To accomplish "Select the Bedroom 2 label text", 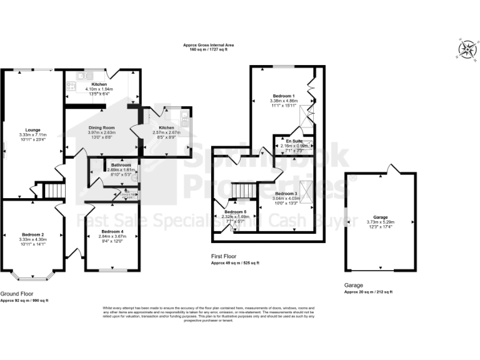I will [32, 234].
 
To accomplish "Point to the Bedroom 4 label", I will [112, 232].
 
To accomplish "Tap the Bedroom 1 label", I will [283, 96].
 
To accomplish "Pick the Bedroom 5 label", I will [235, 212].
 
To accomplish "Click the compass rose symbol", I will [466, 49].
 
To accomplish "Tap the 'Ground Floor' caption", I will [16, 294].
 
